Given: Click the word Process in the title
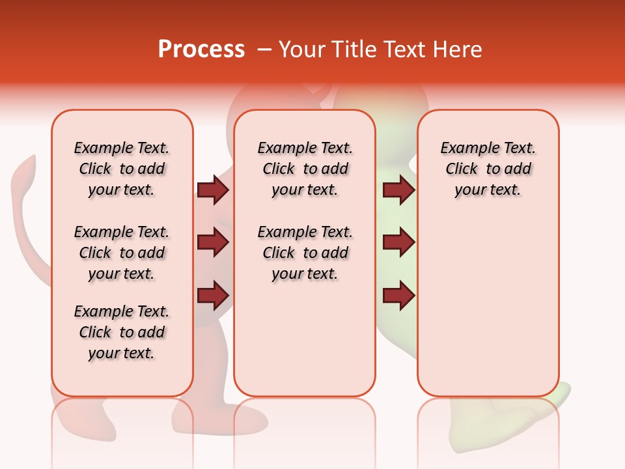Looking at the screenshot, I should [x=201, y=50].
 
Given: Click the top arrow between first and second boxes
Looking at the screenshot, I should [x=213, y=190].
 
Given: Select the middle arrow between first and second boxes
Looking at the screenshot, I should [x=213, y=243].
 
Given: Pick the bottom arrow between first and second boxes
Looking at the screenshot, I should [x=213, y=296].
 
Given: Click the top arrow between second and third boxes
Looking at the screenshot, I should [x=398, y=190].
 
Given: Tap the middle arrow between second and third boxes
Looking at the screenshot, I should [x=398, y=243].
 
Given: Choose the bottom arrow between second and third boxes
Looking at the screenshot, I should [x=398, y=296].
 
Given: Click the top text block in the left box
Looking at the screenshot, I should [x=122, y=169].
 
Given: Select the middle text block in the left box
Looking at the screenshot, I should [x=122, y=253].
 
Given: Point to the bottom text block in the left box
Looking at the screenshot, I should [x=122, y=332].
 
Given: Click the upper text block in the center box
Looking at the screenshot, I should [x=305, y=169].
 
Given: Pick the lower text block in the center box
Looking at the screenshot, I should [x=305, y=253].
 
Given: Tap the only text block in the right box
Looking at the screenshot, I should [x=488, y=169].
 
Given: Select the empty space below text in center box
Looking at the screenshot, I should [x=305, y=339].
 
